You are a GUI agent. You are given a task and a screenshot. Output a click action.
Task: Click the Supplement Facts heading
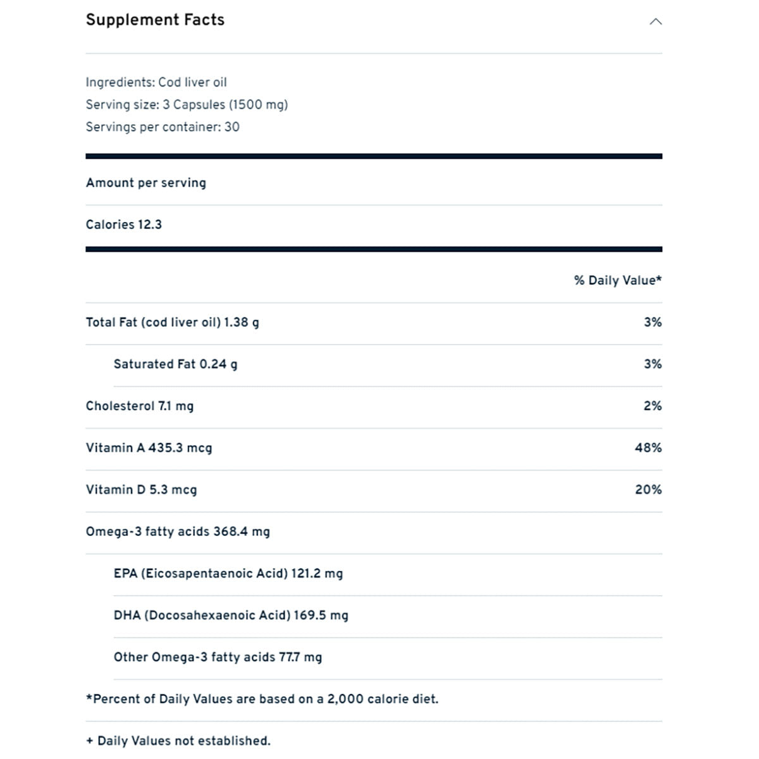155,20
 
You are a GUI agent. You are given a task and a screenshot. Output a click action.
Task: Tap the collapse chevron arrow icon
656,22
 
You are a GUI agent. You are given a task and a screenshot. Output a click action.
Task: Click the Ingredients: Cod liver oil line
156,82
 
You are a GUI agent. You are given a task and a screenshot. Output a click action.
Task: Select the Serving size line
187,104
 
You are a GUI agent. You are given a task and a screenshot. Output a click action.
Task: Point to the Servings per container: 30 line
163,126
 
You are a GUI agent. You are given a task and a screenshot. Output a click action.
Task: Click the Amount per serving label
146,183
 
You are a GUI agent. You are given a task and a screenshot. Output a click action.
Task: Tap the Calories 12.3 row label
124,225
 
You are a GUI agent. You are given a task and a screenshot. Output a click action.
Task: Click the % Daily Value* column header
617,280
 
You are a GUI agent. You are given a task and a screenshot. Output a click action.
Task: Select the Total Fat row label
172,322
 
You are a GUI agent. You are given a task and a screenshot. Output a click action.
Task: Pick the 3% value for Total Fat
653,322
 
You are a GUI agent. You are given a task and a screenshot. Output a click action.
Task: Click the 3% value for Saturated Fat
653,364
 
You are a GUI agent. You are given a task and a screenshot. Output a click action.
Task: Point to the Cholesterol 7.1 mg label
140,406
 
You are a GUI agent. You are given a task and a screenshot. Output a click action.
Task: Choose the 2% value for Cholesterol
653,406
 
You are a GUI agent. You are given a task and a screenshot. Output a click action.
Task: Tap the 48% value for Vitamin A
648,448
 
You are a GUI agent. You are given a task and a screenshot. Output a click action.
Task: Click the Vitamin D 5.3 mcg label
141,490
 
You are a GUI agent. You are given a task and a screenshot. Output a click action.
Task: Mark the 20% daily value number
648,490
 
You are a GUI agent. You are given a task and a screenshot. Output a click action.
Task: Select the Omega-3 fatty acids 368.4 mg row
178,531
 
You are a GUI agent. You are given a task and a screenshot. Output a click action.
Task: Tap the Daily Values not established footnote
178,741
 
